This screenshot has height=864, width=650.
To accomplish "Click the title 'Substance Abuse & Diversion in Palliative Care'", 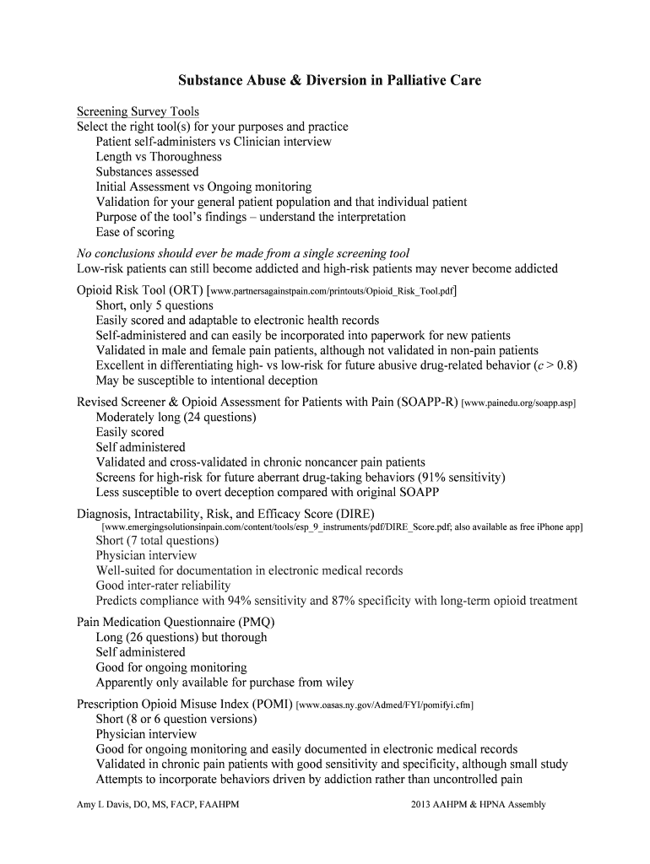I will pos(329,81).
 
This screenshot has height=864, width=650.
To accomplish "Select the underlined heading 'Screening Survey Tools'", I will pos(138,111).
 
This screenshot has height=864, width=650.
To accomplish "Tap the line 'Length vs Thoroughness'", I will pos(159,157).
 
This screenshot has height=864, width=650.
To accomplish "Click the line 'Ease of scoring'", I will pos(135,232).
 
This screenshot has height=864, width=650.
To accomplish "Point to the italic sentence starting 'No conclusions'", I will pos(243,253).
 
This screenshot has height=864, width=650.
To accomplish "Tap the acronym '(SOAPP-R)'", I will pos(427,402).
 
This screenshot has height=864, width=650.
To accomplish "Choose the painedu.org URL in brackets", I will pos(518,403).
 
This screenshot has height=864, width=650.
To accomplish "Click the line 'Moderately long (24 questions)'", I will pos(176,417).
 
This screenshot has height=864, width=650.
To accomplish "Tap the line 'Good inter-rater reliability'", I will pos(163,586).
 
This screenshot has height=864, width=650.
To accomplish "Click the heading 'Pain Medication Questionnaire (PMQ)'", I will pos(176,623).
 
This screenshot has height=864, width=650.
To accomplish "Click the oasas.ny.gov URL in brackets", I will pos(384,705).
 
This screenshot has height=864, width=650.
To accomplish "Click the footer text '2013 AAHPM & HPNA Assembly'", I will pos(479,805).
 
